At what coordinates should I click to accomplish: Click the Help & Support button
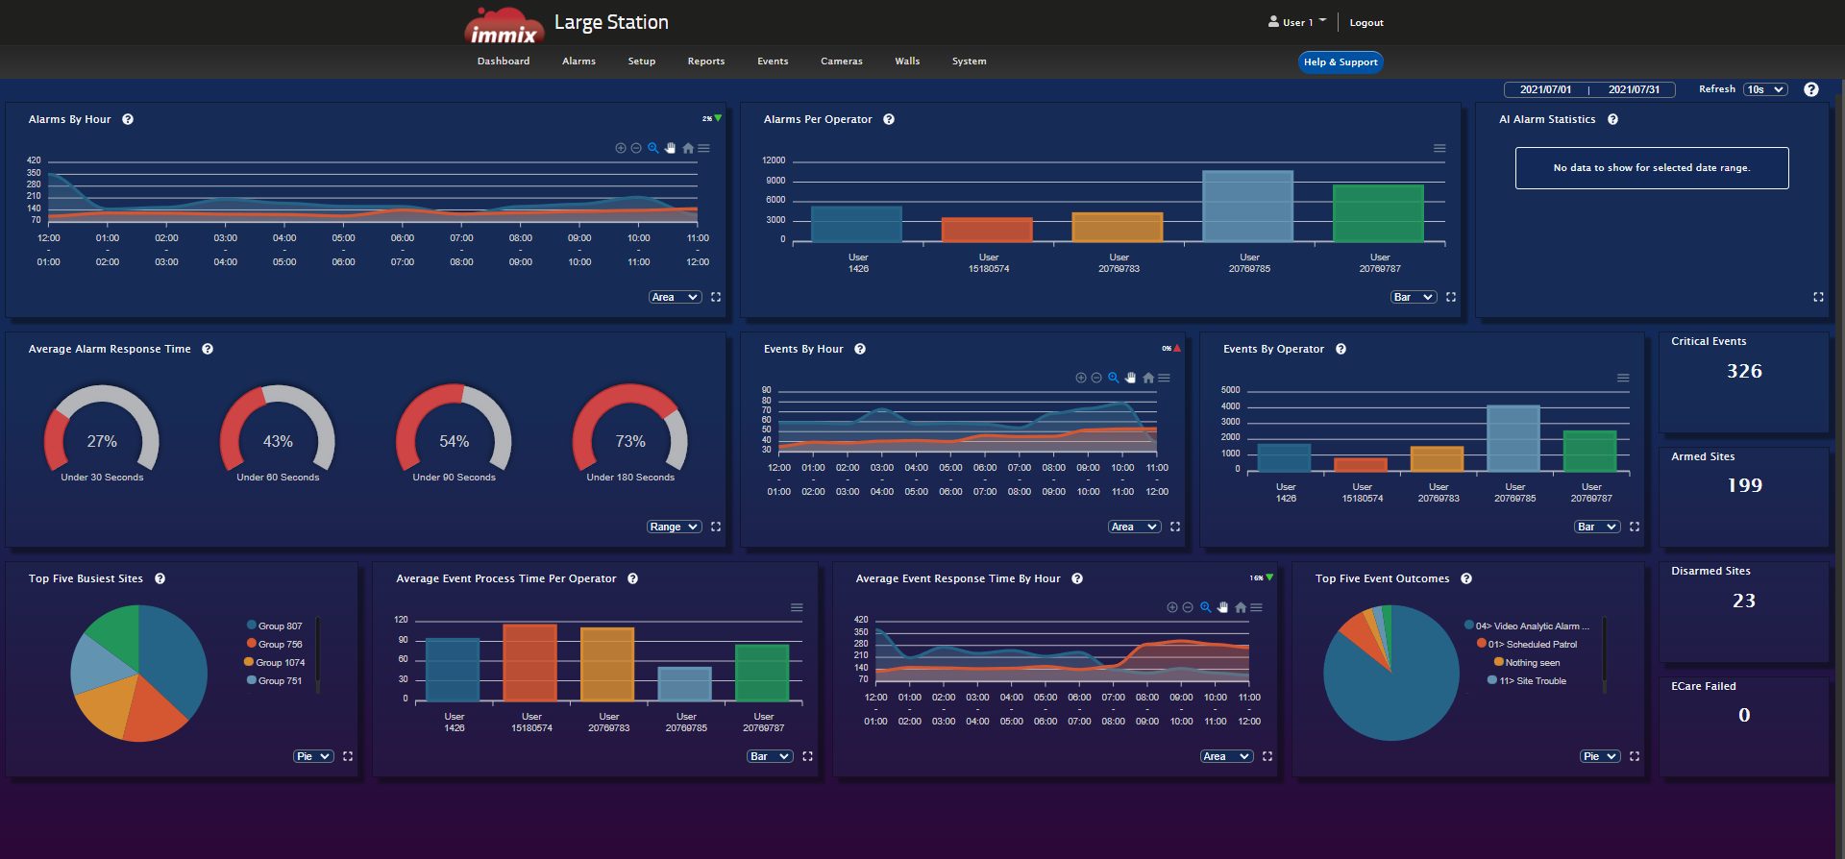click(1340, 62)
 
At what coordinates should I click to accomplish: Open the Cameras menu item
click(841, 61)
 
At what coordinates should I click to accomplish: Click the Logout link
click(1365, 23)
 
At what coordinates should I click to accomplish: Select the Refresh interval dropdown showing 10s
click(1765, 89)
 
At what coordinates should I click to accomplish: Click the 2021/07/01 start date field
click(1545, 89)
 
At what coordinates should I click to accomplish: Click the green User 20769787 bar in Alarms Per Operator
click(1377, 213)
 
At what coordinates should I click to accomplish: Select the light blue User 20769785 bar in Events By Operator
click(1513, 438)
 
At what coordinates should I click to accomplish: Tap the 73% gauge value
click(630, 441)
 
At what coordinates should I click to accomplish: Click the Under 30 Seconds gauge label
click(102, 478)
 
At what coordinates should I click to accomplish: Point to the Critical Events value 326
click(1743, 371)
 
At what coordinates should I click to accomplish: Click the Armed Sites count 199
click(1743, 485)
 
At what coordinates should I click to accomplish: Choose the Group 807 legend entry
click(279, 626)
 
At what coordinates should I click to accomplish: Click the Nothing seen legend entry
click(1532, 663)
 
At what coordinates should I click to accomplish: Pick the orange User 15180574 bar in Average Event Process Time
click(530, 663)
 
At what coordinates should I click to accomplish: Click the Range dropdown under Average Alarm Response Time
click(673, 527)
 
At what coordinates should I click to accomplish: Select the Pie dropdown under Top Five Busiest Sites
click(312, 756)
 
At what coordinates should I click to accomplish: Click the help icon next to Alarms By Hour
click(128, 120)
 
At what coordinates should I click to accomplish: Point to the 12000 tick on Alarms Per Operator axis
click(773, 160)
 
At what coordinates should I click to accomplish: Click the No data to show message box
click(1651, 168)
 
